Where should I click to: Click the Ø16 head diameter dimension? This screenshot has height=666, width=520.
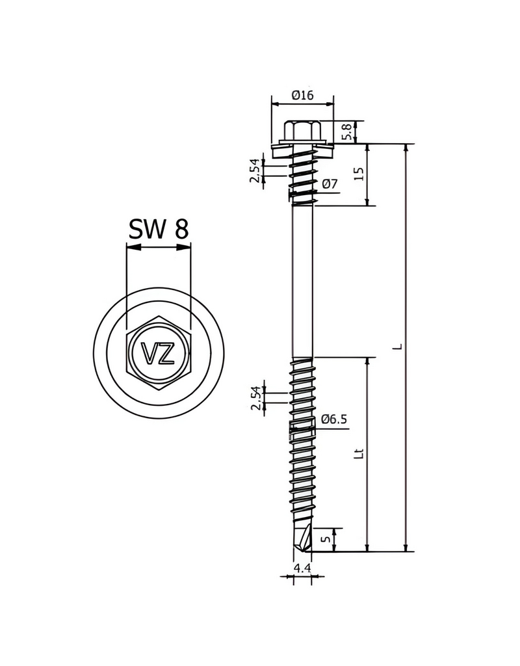(303, 95)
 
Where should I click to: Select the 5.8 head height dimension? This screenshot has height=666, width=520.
(349, 132)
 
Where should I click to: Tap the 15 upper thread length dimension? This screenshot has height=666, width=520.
(359, 174)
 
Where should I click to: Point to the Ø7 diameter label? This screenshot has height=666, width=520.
(330, 185)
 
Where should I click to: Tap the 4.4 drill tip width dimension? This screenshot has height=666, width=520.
(302, 568)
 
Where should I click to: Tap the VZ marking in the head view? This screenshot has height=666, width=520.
(159, 354)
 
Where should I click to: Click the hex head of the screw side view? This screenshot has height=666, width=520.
(302, 130)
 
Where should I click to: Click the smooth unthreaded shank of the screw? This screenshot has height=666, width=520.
(302, 280)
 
